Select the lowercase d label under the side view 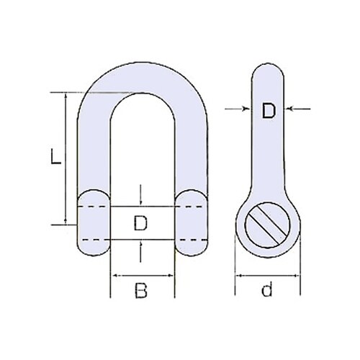pyautogui.click(x=266, y=291)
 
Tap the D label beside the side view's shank pyautogui.click(x=268, y=111)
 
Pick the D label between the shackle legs pyautogui.click(x=142, y=224)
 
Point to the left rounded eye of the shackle pyautogui.click(x=92, y=222)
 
